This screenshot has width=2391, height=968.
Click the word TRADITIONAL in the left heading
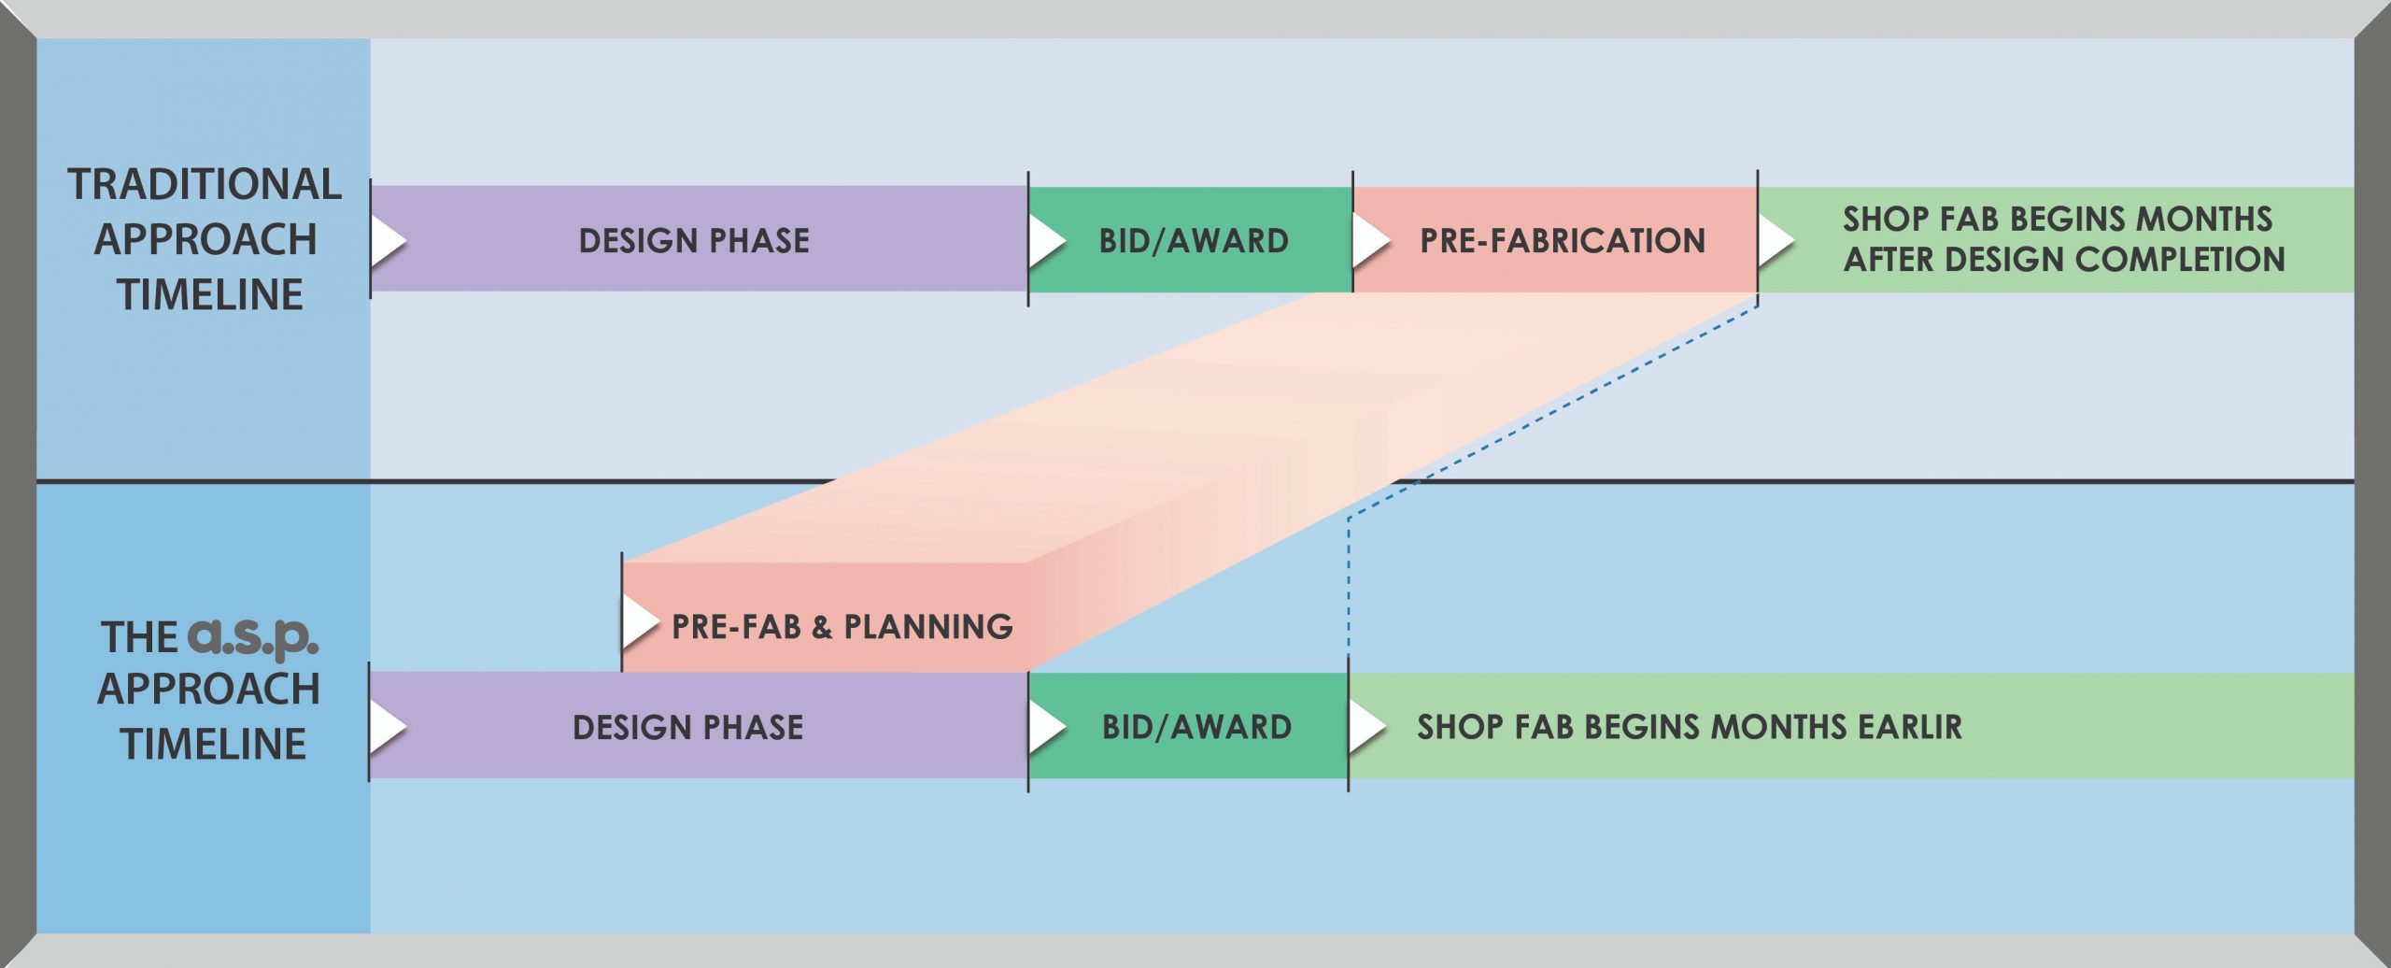click(204, 185)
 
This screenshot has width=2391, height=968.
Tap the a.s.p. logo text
click(253, 637)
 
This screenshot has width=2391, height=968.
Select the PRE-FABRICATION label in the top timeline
click(1562, 241)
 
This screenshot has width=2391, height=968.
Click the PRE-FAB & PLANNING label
click(842, 626)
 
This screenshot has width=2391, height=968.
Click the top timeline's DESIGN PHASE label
click(694, 241)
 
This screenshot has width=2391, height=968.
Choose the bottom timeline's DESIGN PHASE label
click(687, 727)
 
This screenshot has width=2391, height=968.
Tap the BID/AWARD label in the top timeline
click(1194, 241)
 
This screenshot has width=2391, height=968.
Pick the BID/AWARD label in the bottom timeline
click(1196, 727)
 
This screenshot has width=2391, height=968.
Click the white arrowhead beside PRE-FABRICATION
click(1369, 240)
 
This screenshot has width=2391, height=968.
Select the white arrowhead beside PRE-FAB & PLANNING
click(639, 621)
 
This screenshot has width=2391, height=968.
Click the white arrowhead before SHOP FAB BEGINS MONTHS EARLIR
click(1365, 727)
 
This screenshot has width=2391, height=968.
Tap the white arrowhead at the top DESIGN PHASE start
click(387, 240)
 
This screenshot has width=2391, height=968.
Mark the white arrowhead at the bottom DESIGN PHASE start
click(386, 727)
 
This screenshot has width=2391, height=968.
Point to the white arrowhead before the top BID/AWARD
click(1045, 240)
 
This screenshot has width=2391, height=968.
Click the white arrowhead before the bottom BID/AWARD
click(1045, 727)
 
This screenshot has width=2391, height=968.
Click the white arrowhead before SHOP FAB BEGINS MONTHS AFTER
click(1775, 240)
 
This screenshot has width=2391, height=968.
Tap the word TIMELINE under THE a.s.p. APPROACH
click(213, 745)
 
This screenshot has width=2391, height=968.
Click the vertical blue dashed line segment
click(1349, 589)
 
